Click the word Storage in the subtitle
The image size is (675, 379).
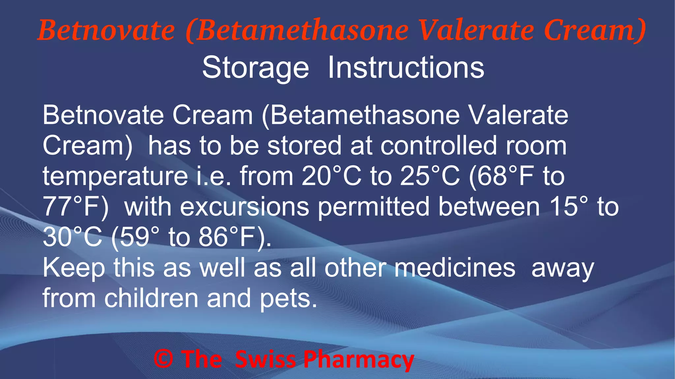[x=255, y=68]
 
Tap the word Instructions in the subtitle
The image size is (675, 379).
[x=406, y=67]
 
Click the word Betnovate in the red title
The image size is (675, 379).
[x=106, y=31]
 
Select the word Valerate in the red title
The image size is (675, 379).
[x=476, y=31]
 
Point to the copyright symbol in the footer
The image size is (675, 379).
[x=163, y=359]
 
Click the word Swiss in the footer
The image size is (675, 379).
[x=266, y=359]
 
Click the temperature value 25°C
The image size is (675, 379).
[x=430, y=176]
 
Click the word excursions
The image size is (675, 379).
[x=245, y=207]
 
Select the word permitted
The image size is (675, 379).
[x=374, y=207]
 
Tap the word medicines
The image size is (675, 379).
[x=455, y=267]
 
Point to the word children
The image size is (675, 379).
[x=151, y=298]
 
